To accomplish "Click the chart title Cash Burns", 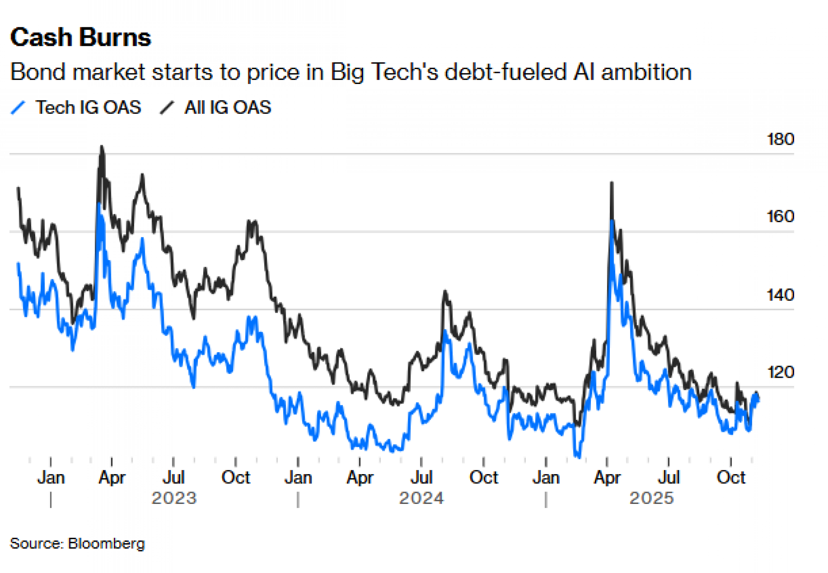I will (81, 38).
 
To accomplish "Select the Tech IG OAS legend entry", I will (88, 108).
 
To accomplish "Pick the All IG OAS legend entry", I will (227, 108).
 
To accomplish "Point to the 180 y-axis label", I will (780, 139).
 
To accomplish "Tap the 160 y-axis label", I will (780, 217).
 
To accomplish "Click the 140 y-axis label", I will (780, 295).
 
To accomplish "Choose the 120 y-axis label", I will (780, 372).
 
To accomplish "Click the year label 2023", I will (174, 498).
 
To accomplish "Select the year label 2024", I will (421, 498).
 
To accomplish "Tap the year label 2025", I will (652, 498).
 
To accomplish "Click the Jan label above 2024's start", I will (298, 478).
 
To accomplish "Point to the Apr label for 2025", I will (607, 478).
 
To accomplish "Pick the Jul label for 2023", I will (173, 478).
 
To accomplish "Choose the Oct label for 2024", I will (484, 478).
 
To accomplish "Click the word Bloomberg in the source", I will (106, 544).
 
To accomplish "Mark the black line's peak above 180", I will (102, 146).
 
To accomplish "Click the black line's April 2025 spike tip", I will (611, 182).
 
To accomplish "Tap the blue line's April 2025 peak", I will (611, 221).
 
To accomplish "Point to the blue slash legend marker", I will (18, 108).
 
